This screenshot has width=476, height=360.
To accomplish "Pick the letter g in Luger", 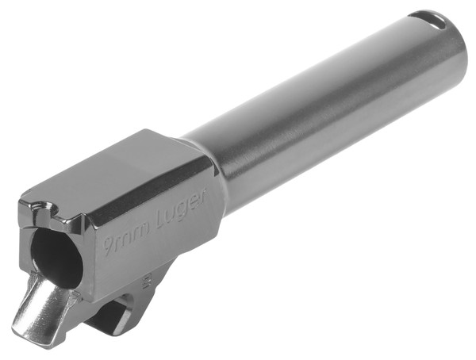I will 179,211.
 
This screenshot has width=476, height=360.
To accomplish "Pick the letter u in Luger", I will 168,214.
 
